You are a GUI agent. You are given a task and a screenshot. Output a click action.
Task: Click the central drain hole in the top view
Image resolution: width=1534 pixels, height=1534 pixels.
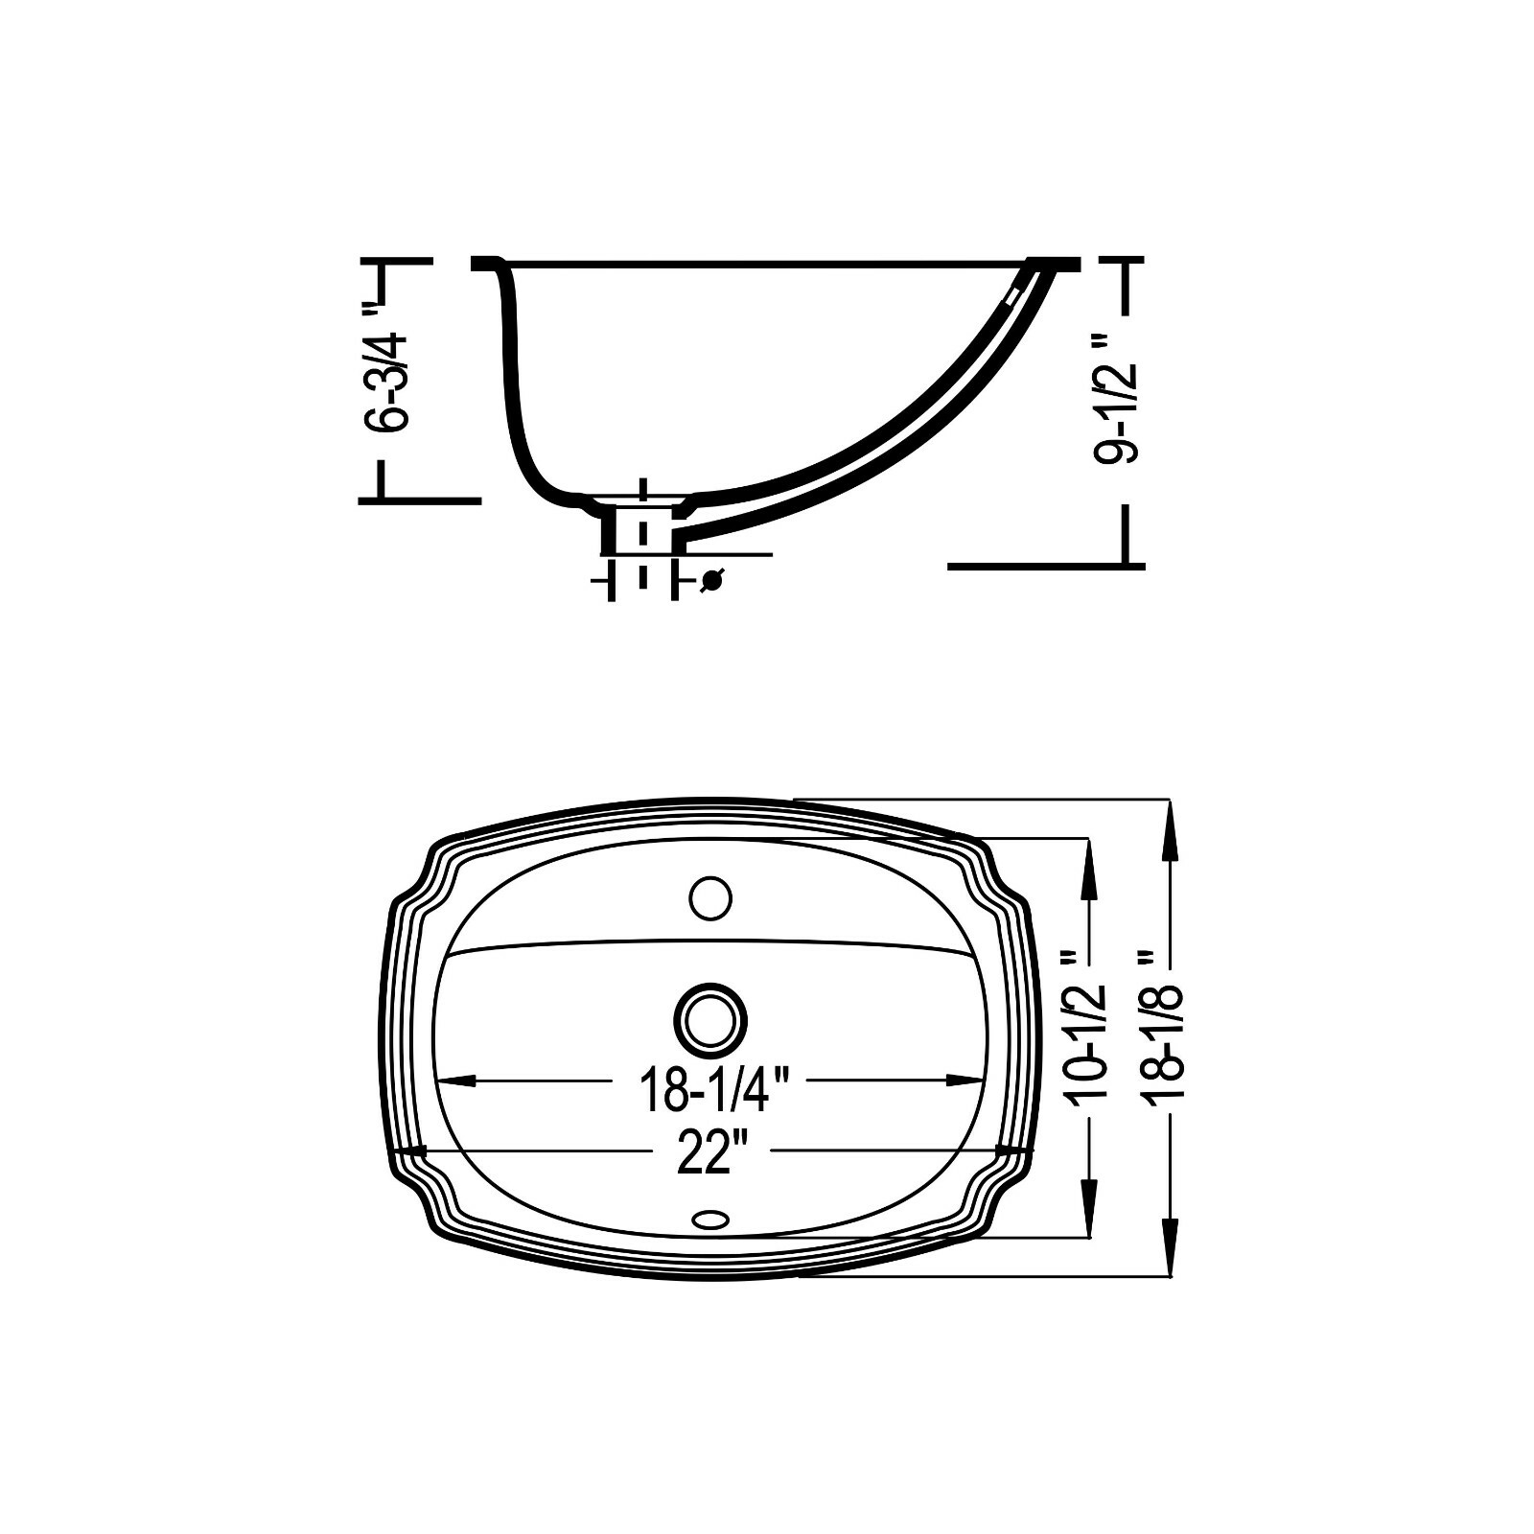[x=710, y=1018]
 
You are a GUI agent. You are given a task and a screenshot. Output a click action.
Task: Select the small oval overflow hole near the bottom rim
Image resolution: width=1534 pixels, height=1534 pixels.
[x=710, y=1219]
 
